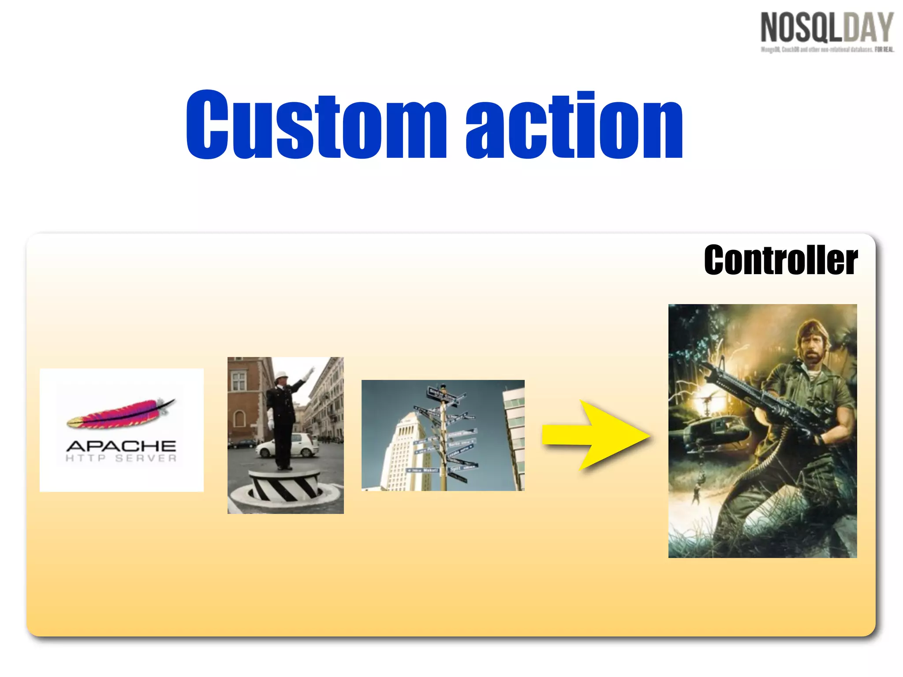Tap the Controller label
point(780,260)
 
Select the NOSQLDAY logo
point(827,28)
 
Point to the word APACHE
point(121,446)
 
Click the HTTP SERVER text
point(121,458)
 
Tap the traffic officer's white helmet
point(280,375)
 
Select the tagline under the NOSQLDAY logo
point(827,49)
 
